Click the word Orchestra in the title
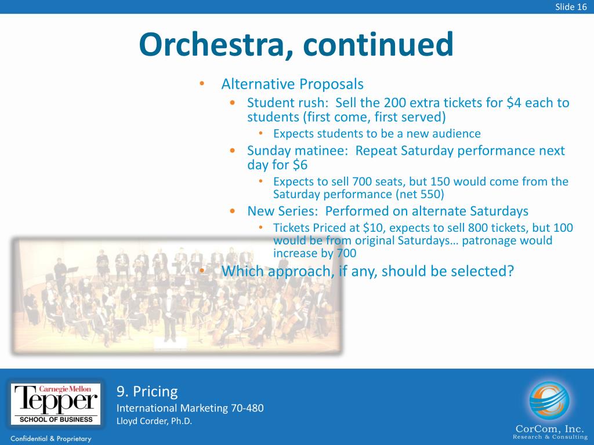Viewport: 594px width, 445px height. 212,45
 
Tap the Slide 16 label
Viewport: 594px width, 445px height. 571,7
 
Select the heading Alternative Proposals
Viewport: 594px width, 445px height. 292,84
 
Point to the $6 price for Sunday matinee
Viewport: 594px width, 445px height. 300,165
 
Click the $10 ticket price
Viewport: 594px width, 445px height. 371,227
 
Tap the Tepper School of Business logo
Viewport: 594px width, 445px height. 56,404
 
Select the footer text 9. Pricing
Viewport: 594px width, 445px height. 147,391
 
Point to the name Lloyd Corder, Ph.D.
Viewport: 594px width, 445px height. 154,421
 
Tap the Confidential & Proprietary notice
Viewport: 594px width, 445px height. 51,439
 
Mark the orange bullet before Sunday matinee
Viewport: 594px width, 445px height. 233,151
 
